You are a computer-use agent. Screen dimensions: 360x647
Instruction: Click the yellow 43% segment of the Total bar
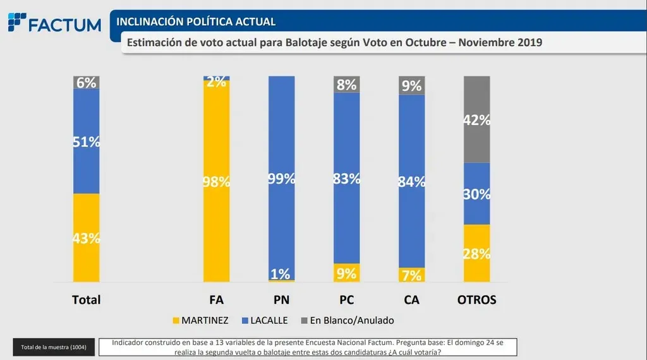click(86, 237)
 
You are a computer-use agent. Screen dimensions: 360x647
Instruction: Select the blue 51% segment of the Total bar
click(86, 141)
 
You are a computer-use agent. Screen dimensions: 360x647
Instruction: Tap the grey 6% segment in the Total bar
click(86, 83)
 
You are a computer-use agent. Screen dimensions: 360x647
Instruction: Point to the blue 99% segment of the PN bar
click(281, 178)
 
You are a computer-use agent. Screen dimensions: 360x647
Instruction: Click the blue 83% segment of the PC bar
click(346, 178)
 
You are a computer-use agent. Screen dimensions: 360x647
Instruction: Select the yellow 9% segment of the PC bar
click(346, 273)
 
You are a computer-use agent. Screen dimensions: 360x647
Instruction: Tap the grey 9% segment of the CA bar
click(411, 85)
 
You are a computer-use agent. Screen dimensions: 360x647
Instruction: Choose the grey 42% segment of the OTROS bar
click(477, 119)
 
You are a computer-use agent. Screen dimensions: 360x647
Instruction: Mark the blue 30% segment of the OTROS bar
click(477, 194)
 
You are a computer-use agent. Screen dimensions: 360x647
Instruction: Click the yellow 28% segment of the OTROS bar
click(477, 253)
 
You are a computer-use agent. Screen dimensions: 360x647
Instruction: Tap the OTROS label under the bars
click(477, 300)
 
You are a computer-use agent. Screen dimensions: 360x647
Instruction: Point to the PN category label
click(281, 300)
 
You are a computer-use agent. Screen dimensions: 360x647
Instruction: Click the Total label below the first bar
click(86, 300)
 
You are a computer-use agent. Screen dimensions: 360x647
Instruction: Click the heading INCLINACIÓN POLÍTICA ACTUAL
click(197, 21)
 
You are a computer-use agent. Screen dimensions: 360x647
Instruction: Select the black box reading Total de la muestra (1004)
click(54, 347)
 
